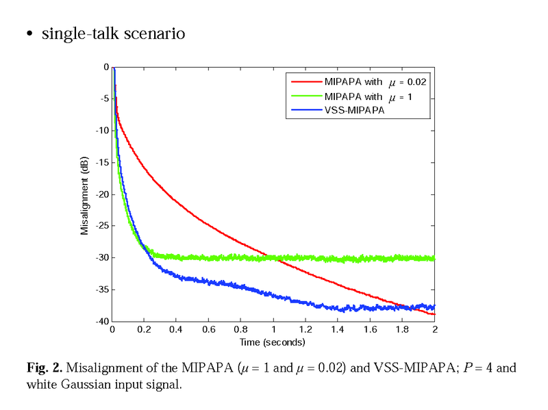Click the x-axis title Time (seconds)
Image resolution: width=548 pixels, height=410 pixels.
click(272, 342)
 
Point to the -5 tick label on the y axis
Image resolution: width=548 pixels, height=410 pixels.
click(103, 99)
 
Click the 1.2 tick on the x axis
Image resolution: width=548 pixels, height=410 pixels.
click(306, 329)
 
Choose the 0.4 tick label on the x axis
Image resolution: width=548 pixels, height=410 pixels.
click(177, 329)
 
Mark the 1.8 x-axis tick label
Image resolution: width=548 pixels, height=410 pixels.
click(402, 329)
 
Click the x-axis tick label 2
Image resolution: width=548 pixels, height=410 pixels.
click(434, 329)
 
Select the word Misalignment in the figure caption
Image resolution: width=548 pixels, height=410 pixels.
click(101, 368)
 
